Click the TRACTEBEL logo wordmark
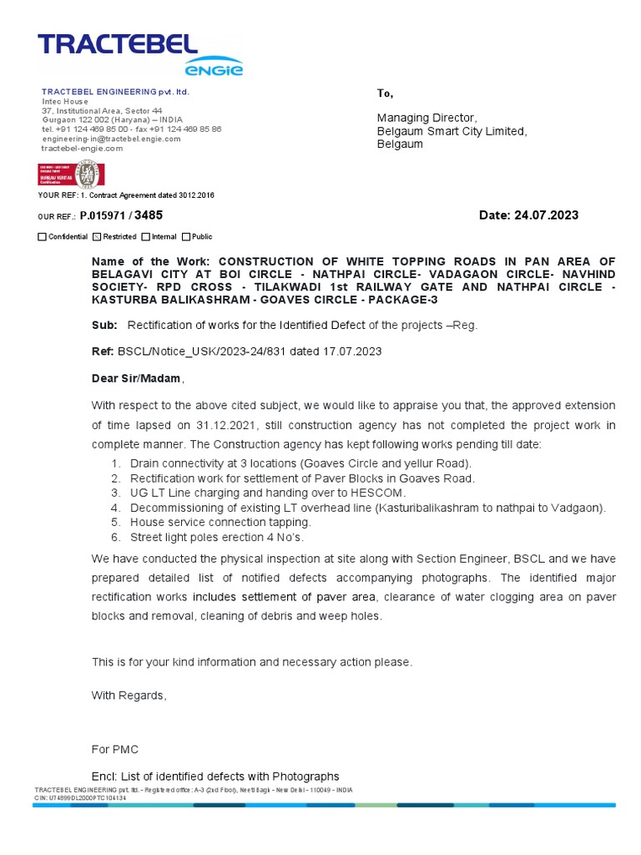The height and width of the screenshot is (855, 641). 117,45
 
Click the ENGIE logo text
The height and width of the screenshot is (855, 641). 214,69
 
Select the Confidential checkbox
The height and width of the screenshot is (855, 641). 43,237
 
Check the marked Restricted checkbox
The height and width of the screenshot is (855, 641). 96,237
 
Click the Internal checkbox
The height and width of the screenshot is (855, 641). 146,237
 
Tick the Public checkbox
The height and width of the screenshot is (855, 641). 186,237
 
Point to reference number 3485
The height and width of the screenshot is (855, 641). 149,215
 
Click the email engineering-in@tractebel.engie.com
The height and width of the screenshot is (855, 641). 111,139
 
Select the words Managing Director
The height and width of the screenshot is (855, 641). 426,118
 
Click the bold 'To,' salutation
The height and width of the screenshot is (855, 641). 385,94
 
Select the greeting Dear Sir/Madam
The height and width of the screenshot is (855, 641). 136,378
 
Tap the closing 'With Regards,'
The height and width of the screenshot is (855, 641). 129,696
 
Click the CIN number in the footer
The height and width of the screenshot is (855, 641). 81,798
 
